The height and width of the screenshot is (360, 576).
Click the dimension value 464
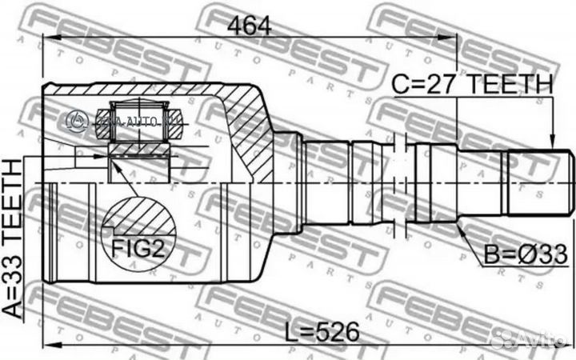point(250,24)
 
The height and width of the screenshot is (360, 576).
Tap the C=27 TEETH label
point(472,83)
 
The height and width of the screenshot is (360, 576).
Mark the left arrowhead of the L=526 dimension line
point(46,345)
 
